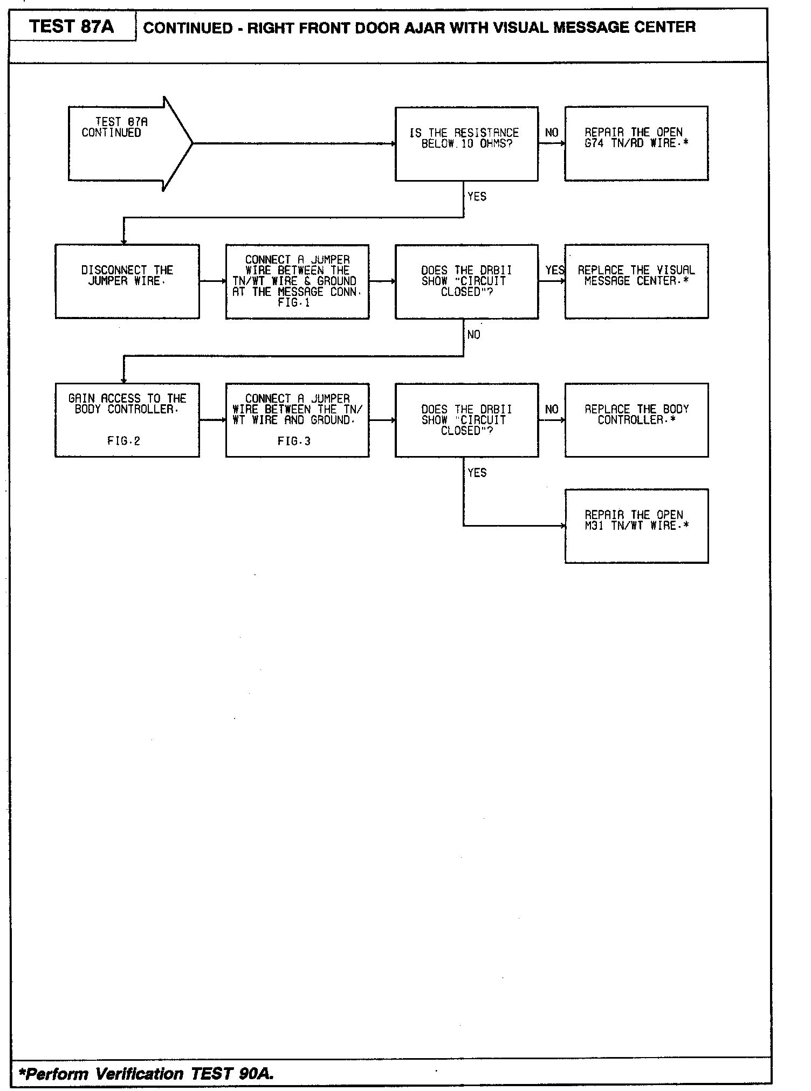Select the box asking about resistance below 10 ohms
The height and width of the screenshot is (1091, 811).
[x=466, y=143]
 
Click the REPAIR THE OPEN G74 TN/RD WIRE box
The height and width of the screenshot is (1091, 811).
[x=636, y=143]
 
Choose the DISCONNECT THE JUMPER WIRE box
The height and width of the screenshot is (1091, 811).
[x=127, y=281]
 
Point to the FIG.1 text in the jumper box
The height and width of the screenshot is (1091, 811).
[x=294, y=303]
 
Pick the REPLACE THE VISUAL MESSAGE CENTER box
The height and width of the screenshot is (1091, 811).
[x=636, y=281]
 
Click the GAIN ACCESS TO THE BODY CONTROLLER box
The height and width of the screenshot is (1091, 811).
[x=127, y=420]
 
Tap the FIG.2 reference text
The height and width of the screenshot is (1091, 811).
[x=123, y=441]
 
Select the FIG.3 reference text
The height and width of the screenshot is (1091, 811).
[x=294, y=441]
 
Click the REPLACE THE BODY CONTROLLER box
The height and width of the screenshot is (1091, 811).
[x=636, y=420]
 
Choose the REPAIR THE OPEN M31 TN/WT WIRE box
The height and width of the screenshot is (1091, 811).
[x=636, y=526]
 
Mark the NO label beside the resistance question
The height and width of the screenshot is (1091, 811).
[x=552, y=133]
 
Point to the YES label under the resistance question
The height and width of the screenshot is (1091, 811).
[x=477, y=197]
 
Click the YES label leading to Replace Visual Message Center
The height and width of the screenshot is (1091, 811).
[x=554, y=270]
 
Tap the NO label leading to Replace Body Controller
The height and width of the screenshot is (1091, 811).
[x=552, y=409]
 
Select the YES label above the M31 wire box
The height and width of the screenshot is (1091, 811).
[x=477, y=473]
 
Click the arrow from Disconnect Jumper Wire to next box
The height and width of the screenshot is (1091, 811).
[x=212, y=281]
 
